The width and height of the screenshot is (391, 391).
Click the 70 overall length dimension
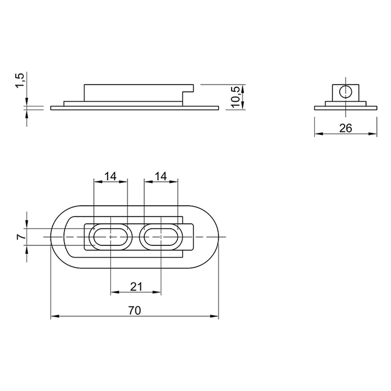click(135, 311)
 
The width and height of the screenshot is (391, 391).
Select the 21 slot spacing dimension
click(136, 287)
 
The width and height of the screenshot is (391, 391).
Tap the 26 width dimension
click(346, 128)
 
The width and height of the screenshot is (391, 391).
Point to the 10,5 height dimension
click(235, 97)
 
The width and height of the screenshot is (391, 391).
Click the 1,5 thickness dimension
click(20, 80)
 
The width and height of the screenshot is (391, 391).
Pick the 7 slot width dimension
click(21, 237)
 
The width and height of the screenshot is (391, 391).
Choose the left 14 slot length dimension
click(110, 176)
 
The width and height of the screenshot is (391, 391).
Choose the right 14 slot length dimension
click(161, 176)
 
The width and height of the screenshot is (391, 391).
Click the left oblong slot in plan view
click(111, 237)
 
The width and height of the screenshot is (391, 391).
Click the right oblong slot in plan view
click(161, 237)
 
